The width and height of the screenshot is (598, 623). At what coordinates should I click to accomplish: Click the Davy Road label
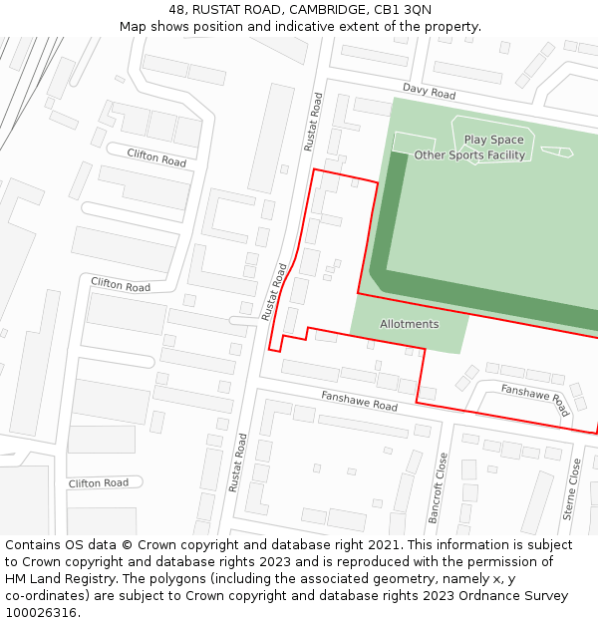pos(429,93)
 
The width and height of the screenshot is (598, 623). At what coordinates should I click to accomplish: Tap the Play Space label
pos(493,140)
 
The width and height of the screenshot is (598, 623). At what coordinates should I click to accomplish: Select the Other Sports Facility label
pos(469,156)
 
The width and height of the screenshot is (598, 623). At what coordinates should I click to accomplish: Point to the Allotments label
pos(409,324)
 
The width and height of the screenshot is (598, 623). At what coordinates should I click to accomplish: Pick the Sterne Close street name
pos(571,489)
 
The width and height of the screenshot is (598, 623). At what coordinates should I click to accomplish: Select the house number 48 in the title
pos(177,10)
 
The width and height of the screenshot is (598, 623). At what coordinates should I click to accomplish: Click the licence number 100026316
pos(42,613)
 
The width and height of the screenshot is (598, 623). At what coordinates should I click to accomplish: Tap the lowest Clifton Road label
pos(99,483)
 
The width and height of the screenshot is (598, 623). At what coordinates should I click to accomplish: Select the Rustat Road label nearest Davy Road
pos(313,123)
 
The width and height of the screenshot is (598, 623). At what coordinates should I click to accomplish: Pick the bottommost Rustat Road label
pos(236,463)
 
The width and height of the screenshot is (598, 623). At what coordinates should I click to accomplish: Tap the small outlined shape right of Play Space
pos(557,152)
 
